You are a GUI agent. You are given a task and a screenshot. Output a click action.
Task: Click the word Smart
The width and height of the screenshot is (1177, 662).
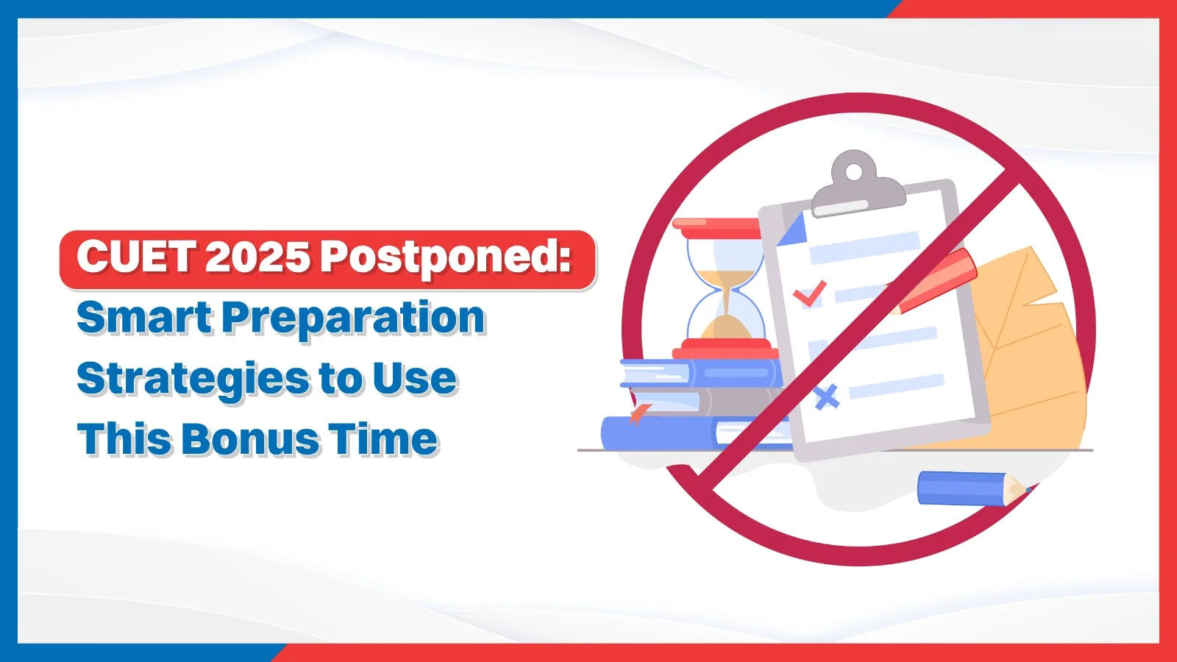pos(143,317)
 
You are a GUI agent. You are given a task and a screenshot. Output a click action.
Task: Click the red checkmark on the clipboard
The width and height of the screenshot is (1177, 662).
pos(810,293)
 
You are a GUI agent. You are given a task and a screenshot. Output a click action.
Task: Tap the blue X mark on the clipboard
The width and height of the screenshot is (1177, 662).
pos(827,397)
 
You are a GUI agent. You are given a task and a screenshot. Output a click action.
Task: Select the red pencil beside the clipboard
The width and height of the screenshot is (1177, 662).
pos(934,282)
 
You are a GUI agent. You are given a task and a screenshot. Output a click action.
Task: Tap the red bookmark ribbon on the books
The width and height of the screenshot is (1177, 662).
pos(637,414)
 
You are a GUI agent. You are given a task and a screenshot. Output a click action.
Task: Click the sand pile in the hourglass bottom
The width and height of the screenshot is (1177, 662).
pos(725,327)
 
